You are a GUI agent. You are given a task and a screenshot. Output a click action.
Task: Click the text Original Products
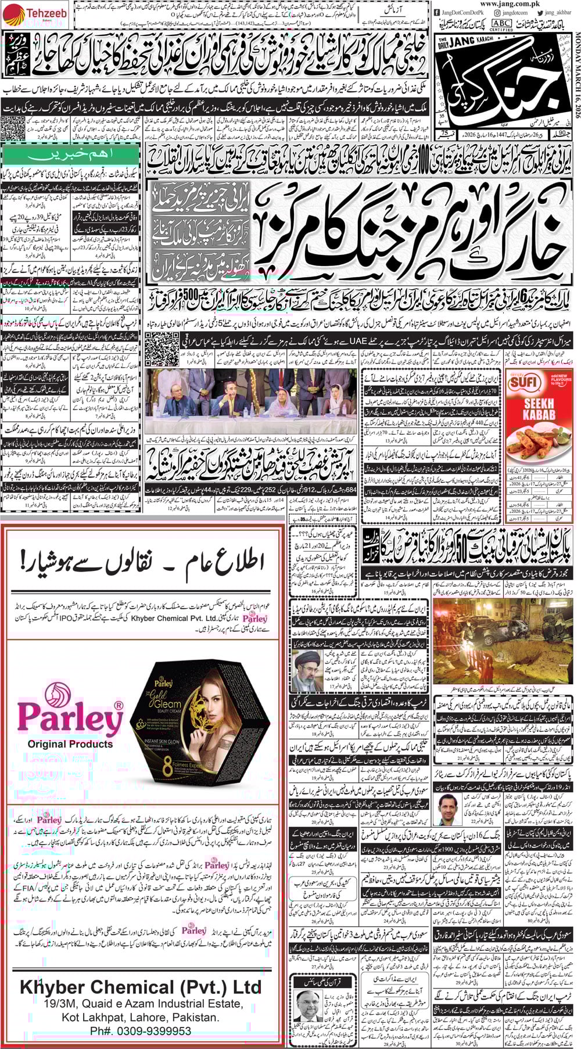(x=70, y=744)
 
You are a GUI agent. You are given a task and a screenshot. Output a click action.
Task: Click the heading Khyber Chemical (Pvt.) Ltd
(x=141, y=987)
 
